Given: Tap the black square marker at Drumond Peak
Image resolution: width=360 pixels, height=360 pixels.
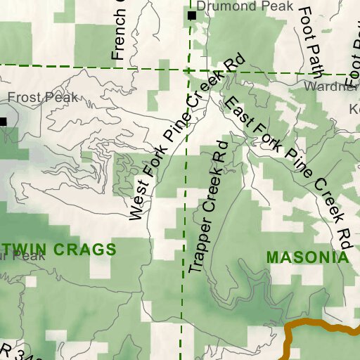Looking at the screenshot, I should pos(191,15).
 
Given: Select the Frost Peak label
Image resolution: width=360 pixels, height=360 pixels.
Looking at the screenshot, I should pos(43,98).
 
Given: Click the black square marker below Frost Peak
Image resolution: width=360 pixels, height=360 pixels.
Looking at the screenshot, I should pos(3,121).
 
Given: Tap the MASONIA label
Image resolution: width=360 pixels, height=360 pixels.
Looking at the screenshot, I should pos(308,257).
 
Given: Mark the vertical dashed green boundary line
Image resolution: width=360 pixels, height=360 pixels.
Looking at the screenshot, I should pos(185,211).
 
